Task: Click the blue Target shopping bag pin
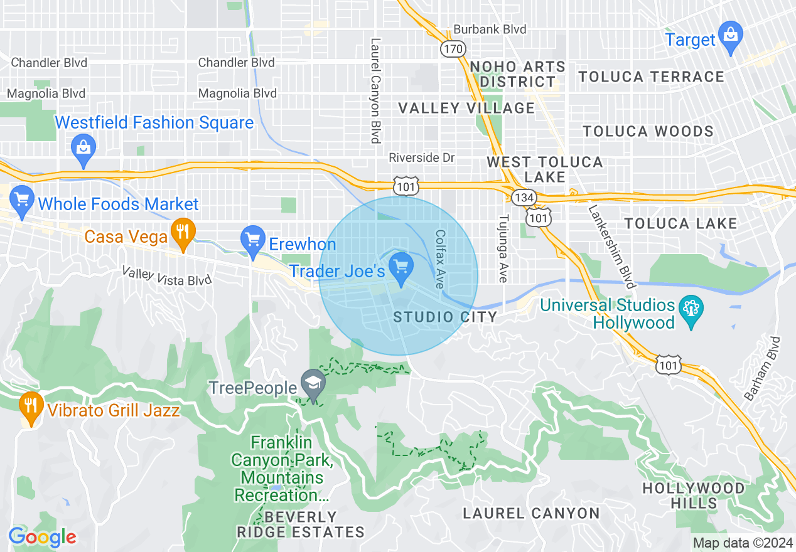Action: [x=730, y=34]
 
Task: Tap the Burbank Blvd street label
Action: [x=490, y=29]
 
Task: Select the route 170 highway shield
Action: [x=452, y=48]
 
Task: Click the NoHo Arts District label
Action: [x=517, y=74]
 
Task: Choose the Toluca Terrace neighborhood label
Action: [x=651, y=77]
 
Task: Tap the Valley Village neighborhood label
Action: [x=467, y=109]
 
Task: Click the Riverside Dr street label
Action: [x=421, y=157]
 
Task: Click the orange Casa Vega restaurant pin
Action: [x=182, y=231]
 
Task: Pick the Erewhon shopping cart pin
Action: [x=253, y=240]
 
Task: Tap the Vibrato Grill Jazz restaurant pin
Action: [x=30, y=406]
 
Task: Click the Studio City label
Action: [x=445, y=317]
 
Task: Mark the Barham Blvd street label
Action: [x=761, y=369]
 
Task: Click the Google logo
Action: [x=42, y=537]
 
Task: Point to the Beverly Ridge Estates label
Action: [x=301, y=525]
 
